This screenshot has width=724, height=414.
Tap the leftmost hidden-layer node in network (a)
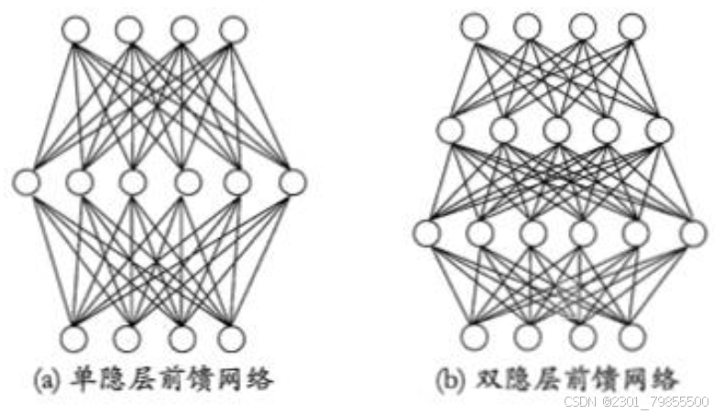pos(27,180)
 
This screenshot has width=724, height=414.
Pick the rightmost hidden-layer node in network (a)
pos(292,180)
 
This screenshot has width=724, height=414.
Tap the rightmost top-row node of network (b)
pos(631,27)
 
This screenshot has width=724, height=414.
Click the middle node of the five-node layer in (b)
pos(554,130)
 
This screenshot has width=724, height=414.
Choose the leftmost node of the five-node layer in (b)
pos(450,130)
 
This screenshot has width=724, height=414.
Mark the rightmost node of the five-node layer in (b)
pos(659,130)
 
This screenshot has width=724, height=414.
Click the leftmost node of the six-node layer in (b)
pos(425,233)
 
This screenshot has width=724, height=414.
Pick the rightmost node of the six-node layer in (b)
pos(693,233)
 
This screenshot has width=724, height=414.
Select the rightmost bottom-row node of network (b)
pos(631,336)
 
